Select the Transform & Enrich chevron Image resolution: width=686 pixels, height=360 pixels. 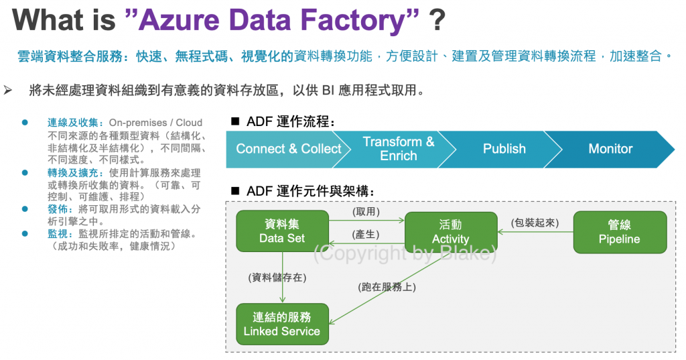[x=398, y=149]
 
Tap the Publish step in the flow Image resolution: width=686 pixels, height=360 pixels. [x=504, y=149]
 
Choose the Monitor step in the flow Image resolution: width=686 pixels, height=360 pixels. [x=610, y=149]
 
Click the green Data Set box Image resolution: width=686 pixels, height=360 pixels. [x=282, y=232]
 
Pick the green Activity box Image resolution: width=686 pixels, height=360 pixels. [x=450, y=232]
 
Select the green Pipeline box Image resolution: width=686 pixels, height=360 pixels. [x=619, y=232]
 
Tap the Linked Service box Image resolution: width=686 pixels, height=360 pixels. [x=282, y=324]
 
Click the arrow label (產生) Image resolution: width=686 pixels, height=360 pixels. [x=366, y=233]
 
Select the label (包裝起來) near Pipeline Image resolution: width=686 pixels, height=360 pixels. [x=535, y=223]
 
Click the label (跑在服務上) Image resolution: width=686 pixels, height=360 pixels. [x=387, y=288]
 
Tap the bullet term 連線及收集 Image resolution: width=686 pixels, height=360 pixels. [x=75, y=123]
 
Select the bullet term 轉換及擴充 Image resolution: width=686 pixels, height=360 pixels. [x=75, y=172]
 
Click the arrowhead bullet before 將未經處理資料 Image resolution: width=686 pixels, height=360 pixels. [x=9, y=89]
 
